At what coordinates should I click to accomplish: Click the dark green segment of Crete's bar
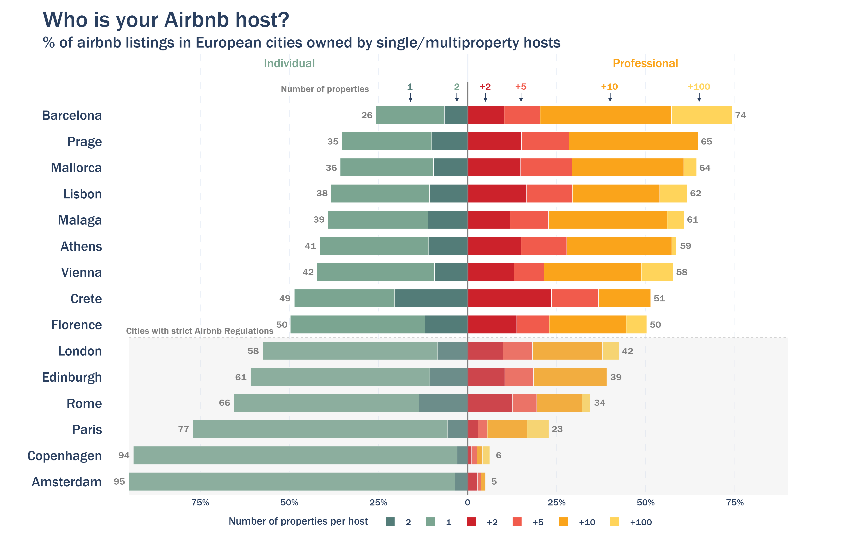click(x=431, y=298)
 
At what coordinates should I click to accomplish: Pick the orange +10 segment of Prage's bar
click(x=633, y=141)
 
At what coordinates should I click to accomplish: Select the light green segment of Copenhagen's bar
click(x=295, y=455)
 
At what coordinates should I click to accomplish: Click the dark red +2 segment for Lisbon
click(x=497, y=194)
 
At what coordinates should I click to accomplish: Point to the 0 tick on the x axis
click(x=467, y=503)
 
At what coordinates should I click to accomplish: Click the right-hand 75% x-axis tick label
click(x=735, y=503)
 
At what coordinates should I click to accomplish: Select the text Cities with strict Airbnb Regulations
click(x=200, y=331)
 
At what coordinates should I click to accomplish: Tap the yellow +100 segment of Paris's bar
click(x=537, y=429)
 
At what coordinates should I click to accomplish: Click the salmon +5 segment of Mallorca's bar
click(x=546, y=167)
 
